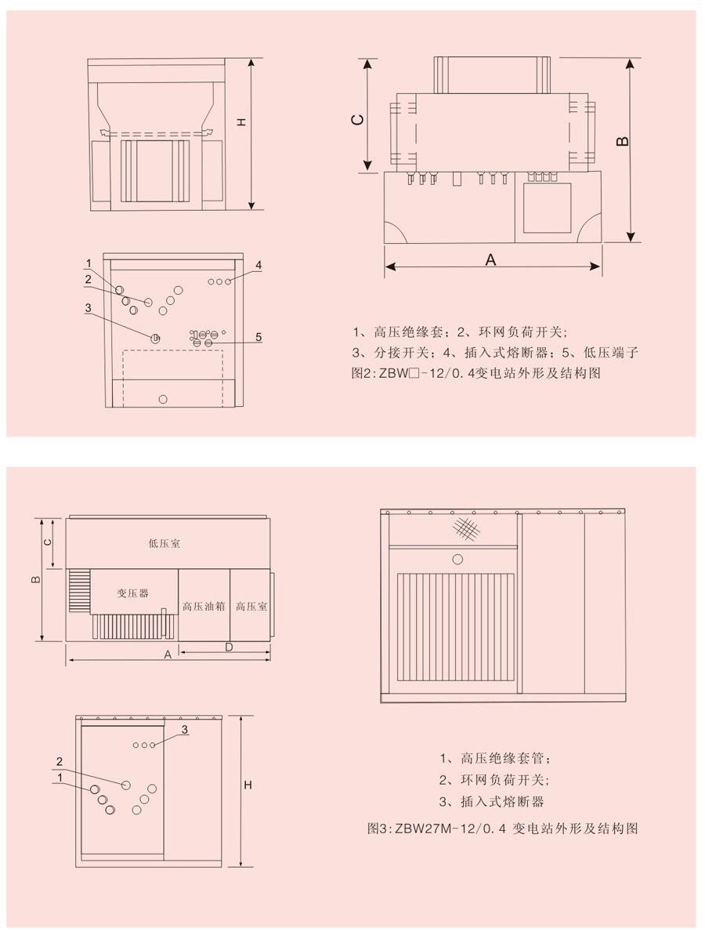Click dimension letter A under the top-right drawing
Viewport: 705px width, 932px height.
pyautogui.click(x=491, y=260)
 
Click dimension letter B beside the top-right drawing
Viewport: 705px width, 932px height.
pyautogui.click(x=621, y=141)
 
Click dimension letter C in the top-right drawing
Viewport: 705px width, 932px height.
pyautogui.click(x=357, y=119)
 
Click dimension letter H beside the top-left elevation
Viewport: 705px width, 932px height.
pyautogui.click(x=241, y=122)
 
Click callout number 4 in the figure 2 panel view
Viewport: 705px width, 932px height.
pyautogui.click(x=258, y=265)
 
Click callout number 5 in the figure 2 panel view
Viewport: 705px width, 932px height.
pyautogui.click(x=258, y=337)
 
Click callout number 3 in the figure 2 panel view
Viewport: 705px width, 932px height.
pyautogui.click(x=89, y=308)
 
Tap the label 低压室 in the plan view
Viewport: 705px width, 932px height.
pyautogui.click(x=164, y=542)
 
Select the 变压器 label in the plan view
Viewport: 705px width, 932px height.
pyautogui.click(x=132, y=593)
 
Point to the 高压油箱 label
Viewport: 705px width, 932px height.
pyautogui.click(x=204, y=606)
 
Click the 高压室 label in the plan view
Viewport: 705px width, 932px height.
pyautogui.click(x=251, y=606)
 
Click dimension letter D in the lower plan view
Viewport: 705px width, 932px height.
pyautogui.click(x=229, y=647)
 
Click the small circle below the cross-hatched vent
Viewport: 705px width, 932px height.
pyautogui.click(x=457, y=559)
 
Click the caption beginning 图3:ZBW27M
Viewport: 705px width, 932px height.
pyautogui.click(x=502, y=828)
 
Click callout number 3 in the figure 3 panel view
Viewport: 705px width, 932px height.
pyautogui.click(x=185, y=730)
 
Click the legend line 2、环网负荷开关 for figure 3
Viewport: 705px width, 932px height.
pyautogui.click(x=493, y=780)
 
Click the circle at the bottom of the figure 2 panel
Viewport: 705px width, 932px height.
pyautogui.click(x=163, y=399)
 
